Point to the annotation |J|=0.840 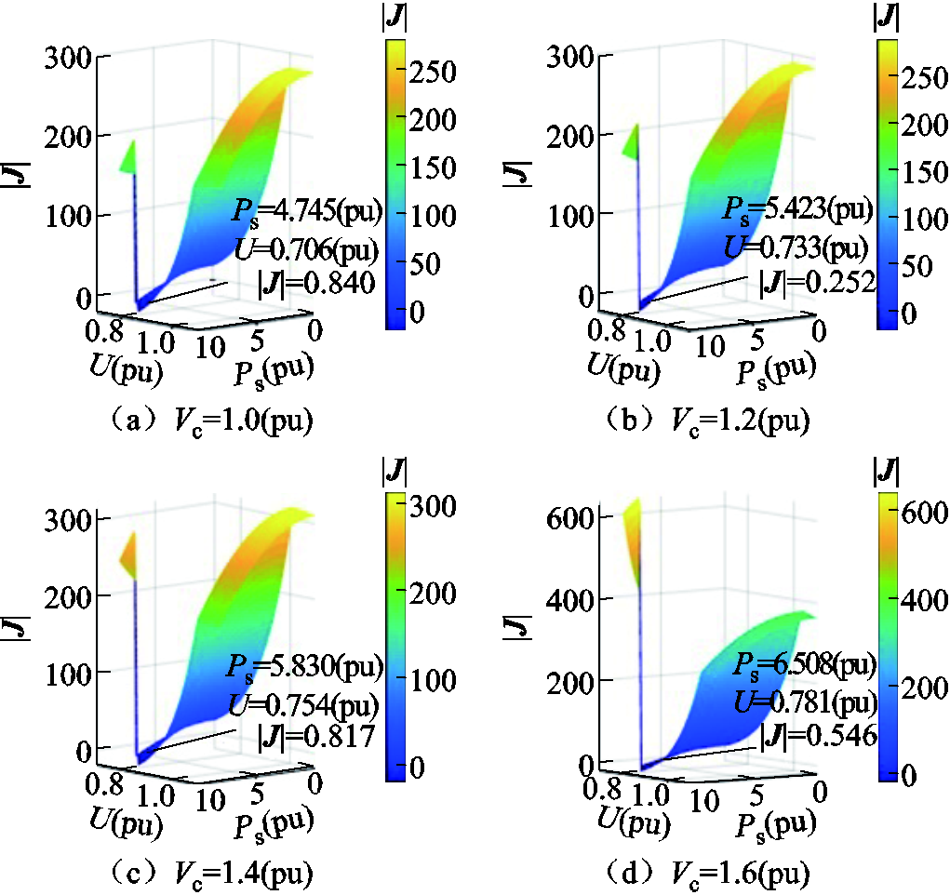point(315,283)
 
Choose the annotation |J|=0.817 point(315,737)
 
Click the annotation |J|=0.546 point(819,736)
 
